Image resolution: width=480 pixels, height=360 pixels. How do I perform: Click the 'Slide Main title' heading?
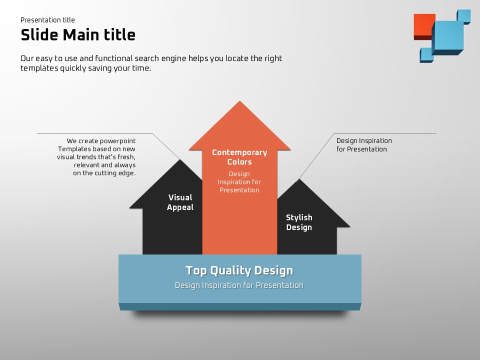click(x=78, y=34)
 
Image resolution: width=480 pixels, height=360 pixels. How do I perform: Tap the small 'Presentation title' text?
click(x=47, y=20)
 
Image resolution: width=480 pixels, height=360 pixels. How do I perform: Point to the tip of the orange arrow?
click(x=239, y=101)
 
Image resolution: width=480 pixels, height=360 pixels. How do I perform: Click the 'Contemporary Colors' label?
click(x=239, y=157)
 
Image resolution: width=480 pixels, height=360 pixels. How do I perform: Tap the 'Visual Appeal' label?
click(x=180, y=202)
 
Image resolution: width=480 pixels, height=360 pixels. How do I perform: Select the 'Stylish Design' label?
click(x=299, y=222)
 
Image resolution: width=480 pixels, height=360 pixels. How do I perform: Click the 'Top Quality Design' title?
click(x=239, y=270)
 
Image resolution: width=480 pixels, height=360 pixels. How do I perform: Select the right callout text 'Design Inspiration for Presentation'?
click(x=364, y=145)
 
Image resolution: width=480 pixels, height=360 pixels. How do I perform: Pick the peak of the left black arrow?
click(x=180, y=159)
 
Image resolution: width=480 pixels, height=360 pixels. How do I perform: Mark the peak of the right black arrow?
click(x=299, y=179)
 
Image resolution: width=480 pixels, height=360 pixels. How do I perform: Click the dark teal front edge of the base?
click(x=240, y=306)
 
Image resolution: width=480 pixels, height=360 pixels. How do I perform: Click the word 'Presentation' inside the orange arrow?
click(x=239, y=190)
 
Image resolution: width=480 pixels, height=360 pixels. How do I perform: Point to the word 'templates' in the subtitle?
click(x=39, y=68)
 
